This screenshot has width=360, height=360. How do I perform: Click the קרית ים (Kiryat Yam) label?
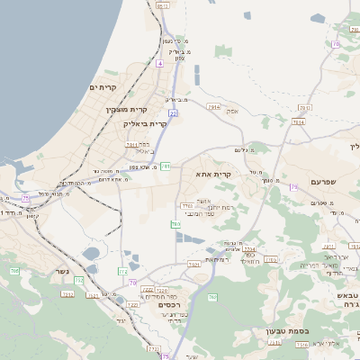pos(104,86)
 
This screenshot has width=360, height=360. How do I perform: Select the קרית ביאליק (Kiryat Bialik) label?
pos(145,123)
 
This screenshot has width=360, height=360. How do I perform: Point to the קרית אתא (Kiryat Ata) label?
pos(213,175)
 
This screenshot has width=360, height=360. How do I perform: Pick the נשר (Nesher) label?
pos(64,295)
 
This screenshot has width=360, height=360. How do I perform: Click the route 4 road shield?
pos(159,64)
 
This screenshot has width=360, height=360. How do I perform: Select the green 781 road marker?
pos(166,166)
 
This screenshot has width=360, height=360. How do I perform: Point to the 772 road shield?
pos(123,270)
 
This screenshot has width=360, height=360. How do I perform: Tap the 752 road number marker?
pos(79,281)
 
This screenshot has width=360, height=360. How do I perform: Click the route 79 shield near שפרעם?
pos(293,186)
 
